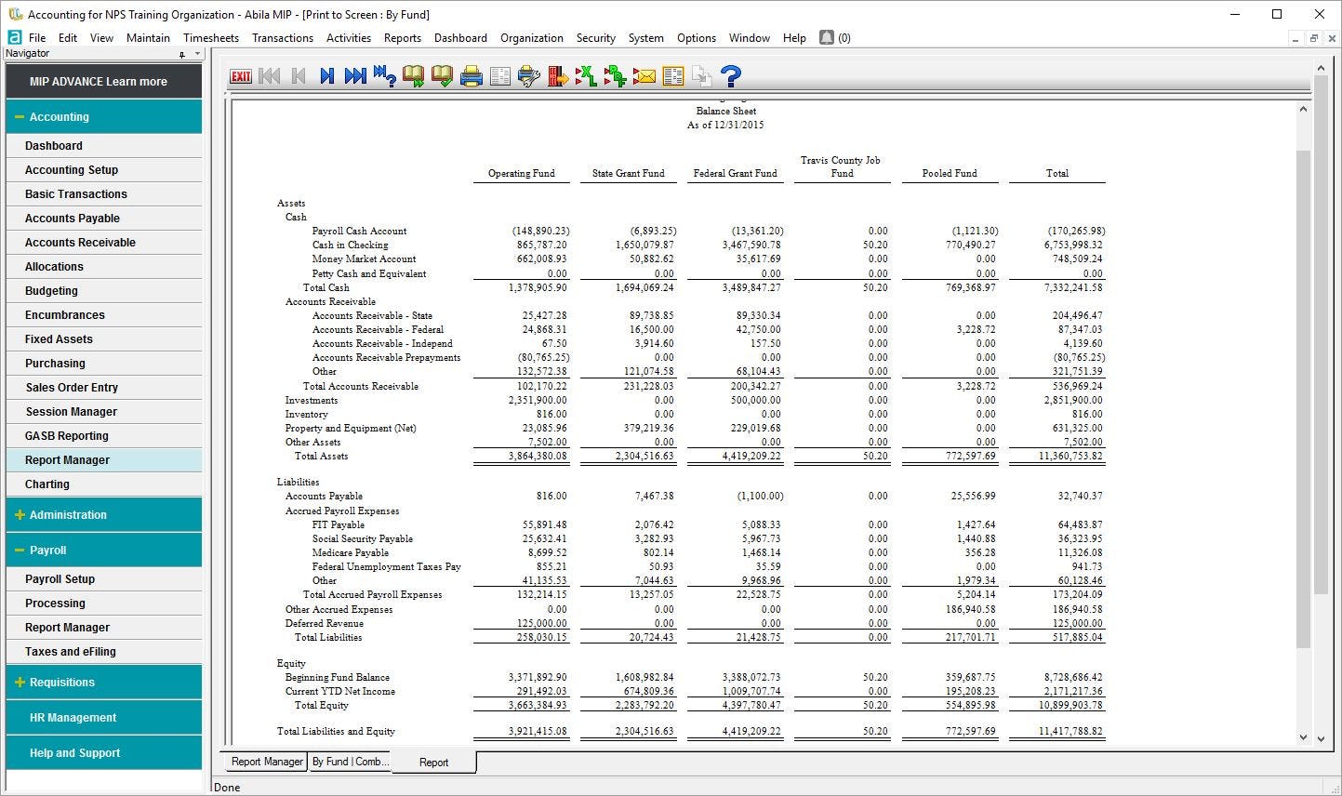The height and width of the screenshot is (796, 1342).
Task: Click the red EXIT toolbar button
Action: point(241,76)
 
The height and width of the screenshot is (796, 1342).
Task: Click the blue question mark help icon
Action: point(731,76)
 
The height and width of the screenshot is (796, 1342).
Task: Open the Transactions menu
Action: point(282,38)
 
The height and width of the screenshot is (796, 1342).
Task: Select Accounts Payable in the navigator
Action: point(73,219)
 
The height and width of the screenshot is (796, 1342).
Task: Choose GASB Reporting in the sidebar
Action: point(67,436)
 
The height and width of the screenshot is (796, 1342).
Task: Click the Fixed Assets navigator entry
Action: point(59,339)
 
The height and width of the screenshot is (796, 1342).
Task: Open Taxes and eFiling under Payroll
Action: point(71,652)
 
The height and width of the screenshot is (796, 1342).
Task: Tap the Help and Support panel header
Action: point(74,753)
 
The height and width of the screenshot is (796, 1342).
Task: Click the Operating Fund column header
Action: point(521,174)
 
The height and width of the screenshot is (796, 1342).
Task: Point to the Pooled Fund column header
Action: point(950,174)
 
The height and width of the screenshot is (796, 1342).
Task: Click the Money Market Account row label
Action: point(364,259)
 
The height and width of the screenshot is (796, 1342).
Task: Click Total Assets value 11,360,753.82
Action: point(1070,457)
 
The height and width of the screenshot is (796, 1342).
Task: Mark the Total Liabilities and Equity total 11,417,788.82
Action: point(1070,732)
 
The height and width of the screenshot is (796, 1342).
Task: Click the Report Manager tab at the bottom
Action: point(267,762)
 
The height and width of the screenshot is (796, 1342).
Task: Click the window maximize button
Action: point(1277,14)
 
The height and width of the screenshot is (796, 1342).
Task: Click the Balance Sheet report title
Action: point(726,111)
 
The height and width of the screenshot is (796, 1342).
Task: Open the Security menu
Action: point(595,38)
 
